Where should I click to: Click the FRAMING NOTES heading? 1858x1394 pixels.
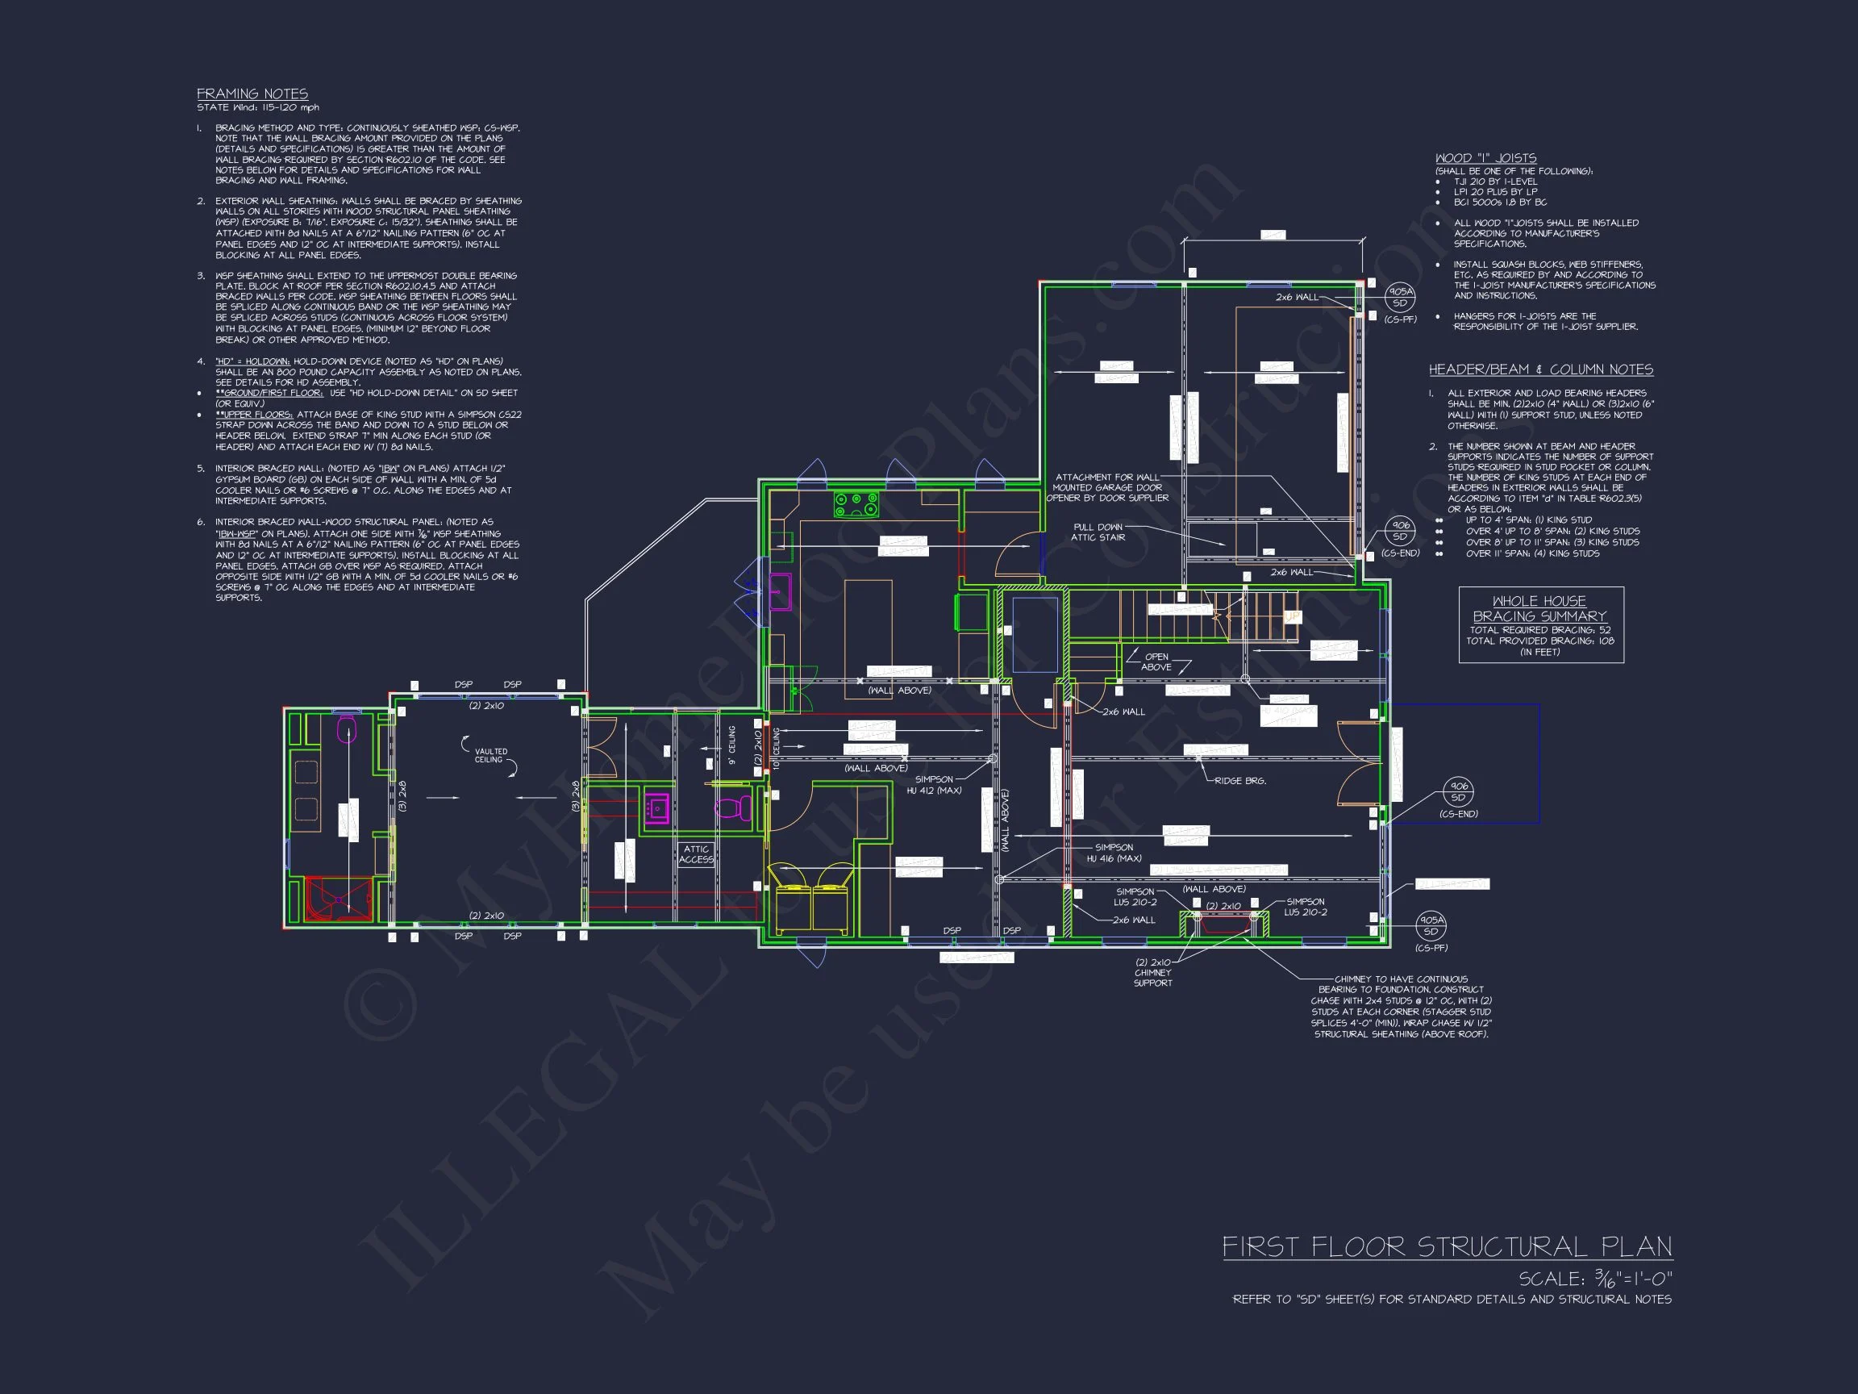pyautogui.click(x=252, y=94)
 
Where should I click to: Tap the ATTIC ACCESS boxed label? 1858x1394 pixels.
pyautogui.click(x=695, y=854)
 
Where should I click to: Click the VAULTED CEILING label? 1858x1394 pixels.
pyautogui.click(x=490, y=755)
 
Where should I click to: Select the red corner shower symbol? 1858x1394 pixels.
pyautogui.click(x=337, y=899)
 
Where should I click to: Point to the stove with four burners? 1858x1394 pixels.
pyautogui.click(x=856, y=504)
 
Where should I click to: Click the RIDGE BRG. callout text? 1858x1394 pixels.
pyautogui.click(x=1239, y=781)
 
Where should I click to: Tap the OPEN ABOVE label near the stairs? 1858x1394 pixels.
pyautogui.click(x=1156, y=662)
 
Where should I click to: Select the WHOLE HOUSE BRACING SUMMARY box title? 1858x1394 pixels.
pyautogui.click(x=1539, y=608)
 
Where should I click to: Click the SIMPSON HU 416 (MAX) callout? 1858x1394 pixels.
pyautogui.click(x=1114, y=853)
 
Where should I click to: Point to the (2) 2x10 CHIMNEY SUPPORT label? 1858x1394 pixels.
pyautogui.click(x=1152, y=972)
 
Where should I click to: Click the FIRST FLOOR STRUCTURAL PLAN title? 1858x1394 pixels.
pyautogui.click(x=1447, y=1246)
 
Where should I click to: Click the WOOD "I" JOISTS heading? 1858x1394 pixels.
pyautogui.click(x=1485, y=158)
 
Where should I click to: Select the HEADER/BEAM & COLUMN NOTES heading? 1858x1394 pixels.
pyautogui.click(x=1540, y=369)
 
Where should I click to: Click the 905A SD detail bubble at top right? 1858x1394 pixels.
pyautogui.click(x=1399, y=298)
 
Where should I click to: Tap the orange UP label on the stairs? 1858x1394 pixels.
pyautogui.click(x=1291, y=617)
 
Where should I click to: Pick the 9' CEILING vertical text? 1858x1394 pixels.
pyautogui.click(x=731, y=745)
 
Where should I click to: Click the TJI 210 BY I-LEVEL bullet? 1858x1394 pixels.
pyautogui.click(x=1495, y=182)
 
